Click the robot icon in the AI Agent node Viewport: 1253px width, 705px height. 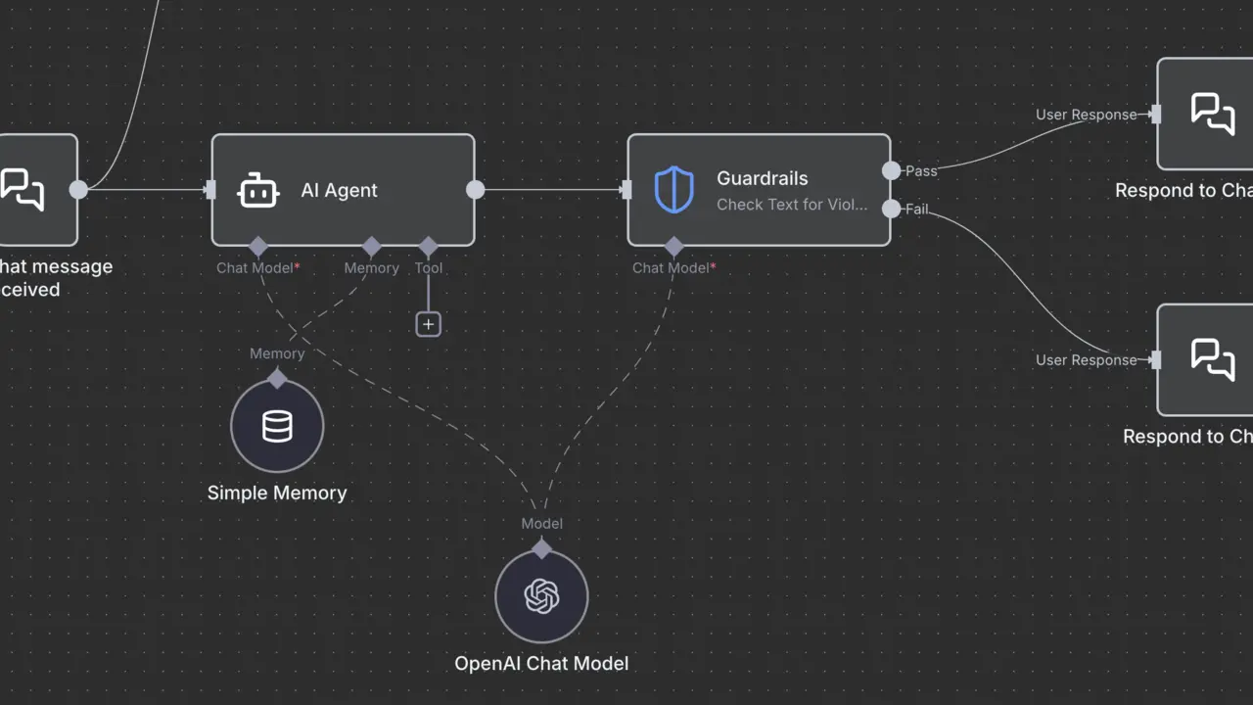pyautogui.click(x=258, y=190)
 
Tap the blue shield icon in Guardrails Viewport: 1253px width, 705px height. pyautogui.click(x=673, y=190)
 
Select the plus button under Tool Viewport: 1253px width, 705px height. pyautogui.click(x=428, y=324)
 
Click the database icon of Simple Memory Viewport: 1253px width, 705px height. pyautogui.click(x=277, y=426)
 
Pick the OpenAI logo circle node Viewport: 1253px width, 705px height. pyautogui.click(x=541, y=595)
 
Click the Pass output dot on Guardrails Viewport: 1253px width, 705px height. pyautogui.click(x=891, y=170)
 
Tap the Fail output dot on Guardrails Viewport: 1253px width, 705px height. pyautogui.click(x=891, y=209)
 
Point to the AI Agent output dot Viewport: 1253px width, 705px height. pyautogui.click(x=475, y=190)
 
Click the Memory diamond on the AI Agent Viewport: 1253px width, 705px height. pyautogui.click(x=372, y=246)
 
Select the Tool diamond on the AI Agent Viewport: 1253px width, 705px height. pyautogui.click(x=428, y=246)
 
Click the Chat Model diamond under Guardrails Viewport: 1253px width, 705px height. pyautogui.click(x=673, y=246)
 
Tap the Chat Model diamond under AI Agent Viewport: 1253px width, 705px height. pyautogui.click(x=258, y=246)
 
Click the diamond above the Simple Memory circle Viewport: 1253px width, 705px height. pyautogui.click(x=277, y=378)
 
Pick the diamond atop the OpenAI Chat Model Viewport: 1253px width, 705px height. pyautogui.click(x=541, y=548)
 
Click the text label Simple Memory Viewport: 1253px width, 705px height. pyautogui.click(x=277, y=493)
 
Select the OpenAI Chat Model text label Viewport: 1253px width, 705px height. pyautogui.click(x=541, y=663)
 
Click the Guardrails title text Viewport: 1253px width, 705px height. pyautogui.click(x=762, y=178)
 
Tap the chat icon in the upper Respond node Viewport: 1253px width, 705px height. pyautogui.click(x=1212, y=114)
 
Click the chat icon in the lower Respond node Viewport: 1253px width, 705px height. pyautogui.click(x=1212, y=359)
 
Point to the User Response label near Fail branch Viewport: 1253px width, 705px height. pyautogui.click(x=1086, y=360)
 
